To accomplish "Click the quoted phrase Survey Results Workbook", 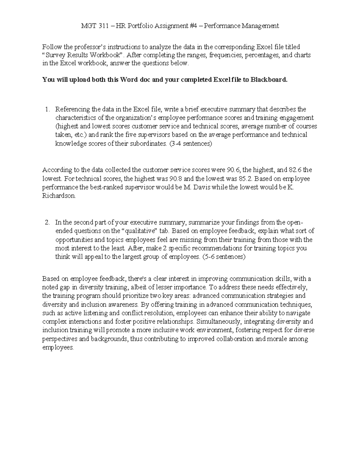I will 82,55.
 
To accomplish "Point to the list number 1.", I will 47,109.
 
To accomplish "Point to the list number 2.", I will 47,223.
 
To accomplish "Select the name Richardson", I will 59,196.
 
